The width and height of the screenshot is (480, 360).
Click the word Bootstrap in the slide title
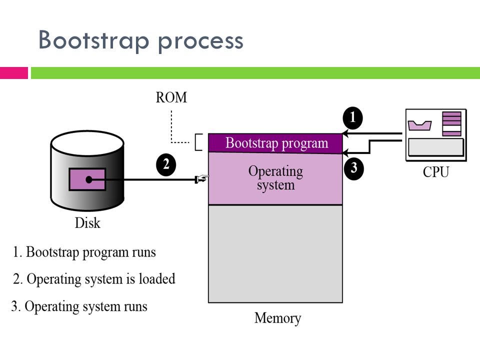94,40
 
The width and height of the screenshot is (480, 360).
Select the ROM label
171,97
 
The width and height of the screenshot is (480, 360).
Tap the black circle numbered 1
353,119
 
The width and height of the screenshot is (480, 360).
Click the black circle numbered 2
166,165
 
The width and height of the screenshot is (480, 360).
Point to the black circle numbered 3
353,168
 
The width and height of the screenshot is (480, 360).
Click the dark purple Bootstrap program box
275,143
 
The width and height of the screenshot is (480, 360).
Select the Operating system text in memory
275,178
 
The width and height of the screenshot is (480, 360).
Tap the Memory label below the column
277,318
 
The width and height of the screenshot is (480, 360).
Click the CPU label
436,173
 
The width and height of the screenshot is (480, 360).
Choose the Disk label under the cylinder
87,222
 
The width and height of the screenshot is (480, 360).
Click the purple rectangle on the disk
87,179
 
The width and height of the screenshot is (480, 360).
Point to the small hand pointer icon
202,178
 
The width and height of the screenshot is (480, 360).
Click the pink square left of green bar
13,73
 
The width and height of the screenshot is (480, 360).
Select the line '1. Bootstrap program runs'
84,252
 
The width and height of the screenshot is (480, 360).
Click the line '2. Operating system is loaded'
94,279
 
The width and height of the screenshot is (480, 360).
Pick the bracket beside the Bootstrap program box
198,142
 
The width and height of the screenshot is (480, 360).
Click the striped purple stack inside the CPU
451,124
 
